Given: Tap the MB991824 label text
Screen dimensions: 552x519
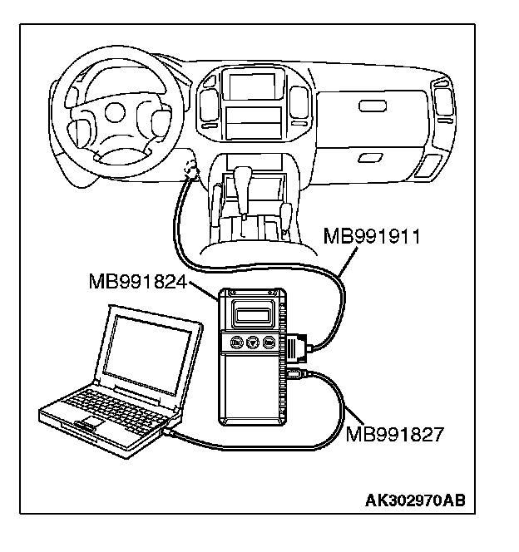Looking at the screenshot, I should click(x=136, y=282).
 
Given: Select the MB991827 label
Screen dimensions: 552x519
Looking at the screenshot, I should click(x=394, y=433).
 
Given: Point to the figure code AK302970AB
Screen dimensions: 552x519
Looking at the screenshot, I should click(x=414, y=500).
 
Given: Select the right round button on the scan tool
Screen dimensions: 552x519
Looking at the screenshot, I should click(x=268, y=343).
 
